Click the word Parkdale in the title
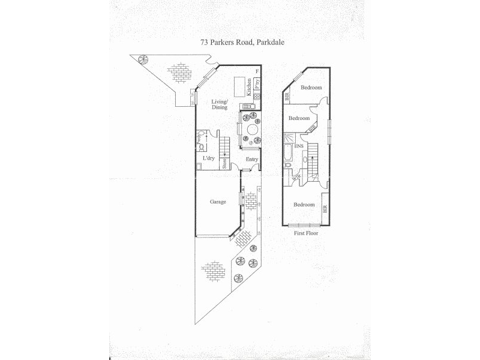pyautogui.click(x=269, y=43)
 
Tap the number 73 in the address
pyautogui.click(x=204, y=43)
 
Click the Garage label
pyautogui.click(x=218, y=202)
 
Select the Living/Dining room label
pyautogui.click(x=220, y=104)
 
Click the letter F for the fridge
pyautogui.click(x=256, y=73)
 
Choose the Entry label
pyautogui.click(x=251, y=159)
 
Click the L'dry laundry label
pyautogui.click(x=209, y=158)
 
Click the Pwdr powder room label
pyautogui.click(x=198, y=141)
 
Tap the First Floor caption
pyautogui.click(x=305, y=233)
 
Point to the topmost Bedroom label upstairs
pyautogui.click(x=311, y=88)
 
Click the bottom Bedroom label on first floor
pyautogui.click(x=304, y=205)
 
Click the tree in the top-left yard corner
pyautogui.click(x=143, y=59)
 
